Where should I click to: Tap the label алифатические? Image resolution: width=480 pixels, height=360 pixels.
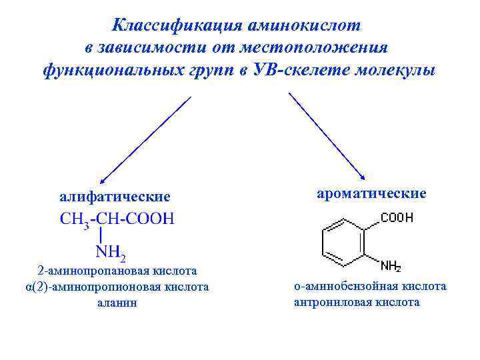[x=115, y=197]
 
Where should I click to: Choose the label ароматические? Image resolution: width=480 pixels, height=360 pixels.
[x=371, y=193]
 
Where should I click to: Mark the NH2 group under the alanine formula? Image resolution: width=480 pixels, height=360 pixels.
[x=111, y=252]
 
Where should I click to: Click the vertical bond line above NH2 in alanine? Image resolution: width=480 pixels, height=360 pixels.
[x=100, y=235]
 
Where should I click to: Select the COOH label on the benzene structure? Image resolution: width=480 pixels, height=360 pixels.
[x=397, y=218]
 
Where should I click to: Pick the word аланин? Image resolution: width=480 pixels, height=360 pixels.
[x=117, y=303]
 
